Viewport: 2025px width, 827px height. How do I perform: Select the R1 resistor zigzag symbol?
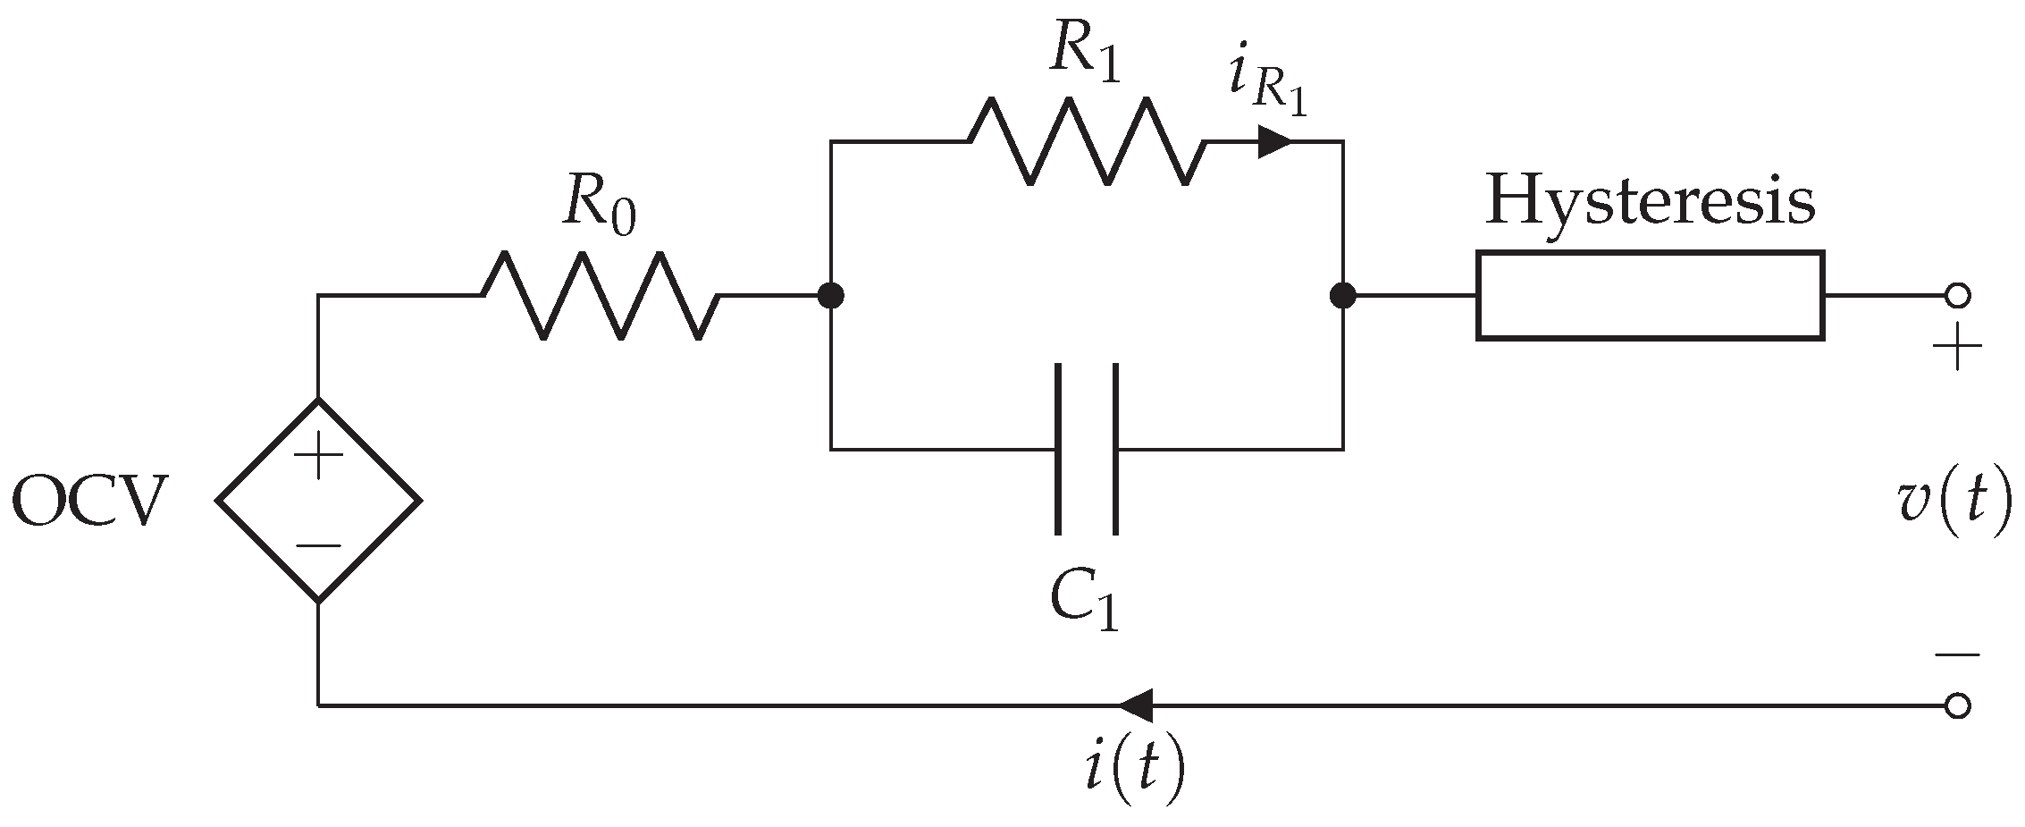click(x=1086, y=141)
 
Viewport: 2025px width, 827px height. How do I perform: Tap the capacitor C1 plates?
click(x=1087, y=449)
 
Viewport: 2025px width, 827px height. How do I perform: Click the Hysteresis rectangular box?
click(x=1650, y=296)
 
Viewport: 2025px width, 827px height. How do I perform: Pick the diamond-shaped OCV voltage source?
click(x=318, y=500)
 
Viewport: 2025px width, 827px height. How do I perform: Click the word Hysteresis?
click(x=1650, y=202)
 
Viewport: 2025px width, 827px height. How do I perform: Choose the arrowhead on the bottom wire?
click(x=1135, y=705)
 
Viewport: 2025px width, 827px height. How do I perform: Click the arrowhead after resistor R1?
click(x=1274, y=141)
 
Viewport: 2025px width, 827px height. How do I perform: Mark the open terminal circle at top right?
click(x=1957, y=295)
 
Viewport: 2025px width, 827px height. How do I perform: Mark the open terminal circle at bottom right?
click(x=1957, y=706)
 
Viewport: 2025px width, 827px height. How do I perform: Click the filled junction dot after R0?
click(x=831, y=295)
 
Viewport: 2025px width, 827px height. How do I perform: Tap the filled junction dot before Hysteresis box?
click(x=1342, y=295)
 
